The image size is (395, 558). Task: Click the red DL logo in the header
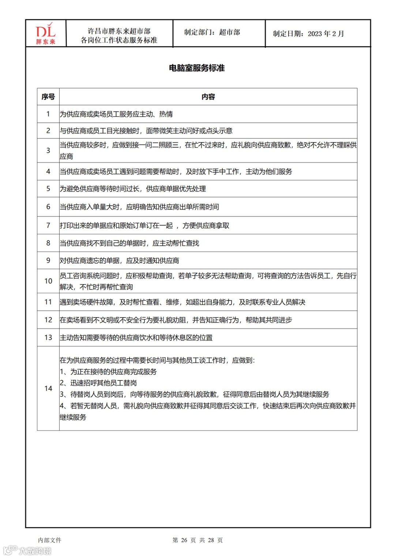click(x=46, y=33)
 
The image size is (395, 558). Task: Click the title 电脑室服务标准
click(x=197, y=68)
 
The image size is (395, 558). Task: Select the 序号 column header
click(x=48, y=97)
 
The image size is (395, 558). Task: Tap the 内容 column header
click(x=208, y=97)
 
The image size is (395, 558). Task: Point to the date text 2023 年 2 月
click(x=326, y=34)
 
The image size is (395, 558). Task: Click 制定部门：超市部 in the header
click(x=212, y=32)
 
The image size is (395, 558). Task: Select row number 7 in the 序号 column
click(x=48, y=225)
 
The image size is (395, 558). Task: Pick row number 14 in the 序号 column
click(x=48, y=388)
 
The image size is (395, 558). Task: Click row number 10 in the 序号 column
click(x=48, y=281)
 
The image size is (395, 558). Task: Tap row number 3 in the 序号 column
click(x=48, y=150)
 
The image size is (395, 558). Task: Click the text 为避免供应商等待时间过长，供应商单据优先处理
click(x=133, y=189)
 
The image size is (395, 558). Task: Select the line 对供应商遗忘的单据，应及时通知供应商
click(x=120, y=261)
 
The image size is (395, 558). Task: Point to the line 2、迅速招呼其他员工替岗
click(x=98, y=383)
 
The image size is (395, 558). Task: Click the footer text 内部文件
click(x=50, y=540)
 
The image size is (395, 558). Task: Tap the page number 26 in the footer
click(x=184, y=540)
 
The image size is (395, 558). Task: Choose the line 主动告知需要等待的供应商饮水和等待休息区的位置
click(x=136, y=338)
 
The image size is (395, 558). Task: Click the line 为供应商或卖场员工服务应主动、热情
click(x=116, y=114)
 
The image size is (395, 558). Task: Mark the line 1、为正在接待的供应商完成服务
click(x=108, y=372)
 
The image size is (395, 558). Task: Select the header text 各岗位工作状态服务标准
click(x=119, y=40)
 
